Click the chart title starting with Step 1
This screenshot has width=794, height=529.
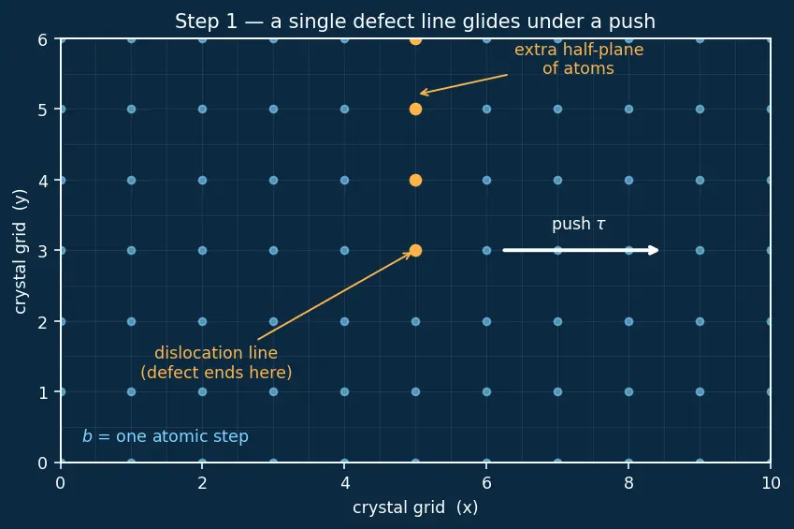415,22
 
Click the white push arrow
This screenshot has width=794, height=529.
581,250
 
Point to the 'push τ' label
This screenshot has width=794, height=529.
578,224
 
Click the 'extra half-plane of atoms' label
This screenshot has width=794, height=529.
579,59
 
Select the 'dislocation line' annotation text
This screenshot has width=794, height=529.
216,362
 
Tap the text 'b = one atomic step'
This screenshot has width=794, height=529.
166,436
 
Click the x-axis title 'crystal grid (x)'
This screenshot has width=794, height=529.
415,507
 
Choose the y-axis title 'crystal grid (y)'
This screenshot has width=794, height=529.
21,252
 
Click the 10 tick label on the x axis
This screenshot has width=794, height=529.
771,483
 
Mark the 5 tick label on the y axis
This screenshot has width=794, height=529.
43,110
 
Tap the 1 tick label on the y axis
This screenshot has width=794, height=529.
43,392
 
